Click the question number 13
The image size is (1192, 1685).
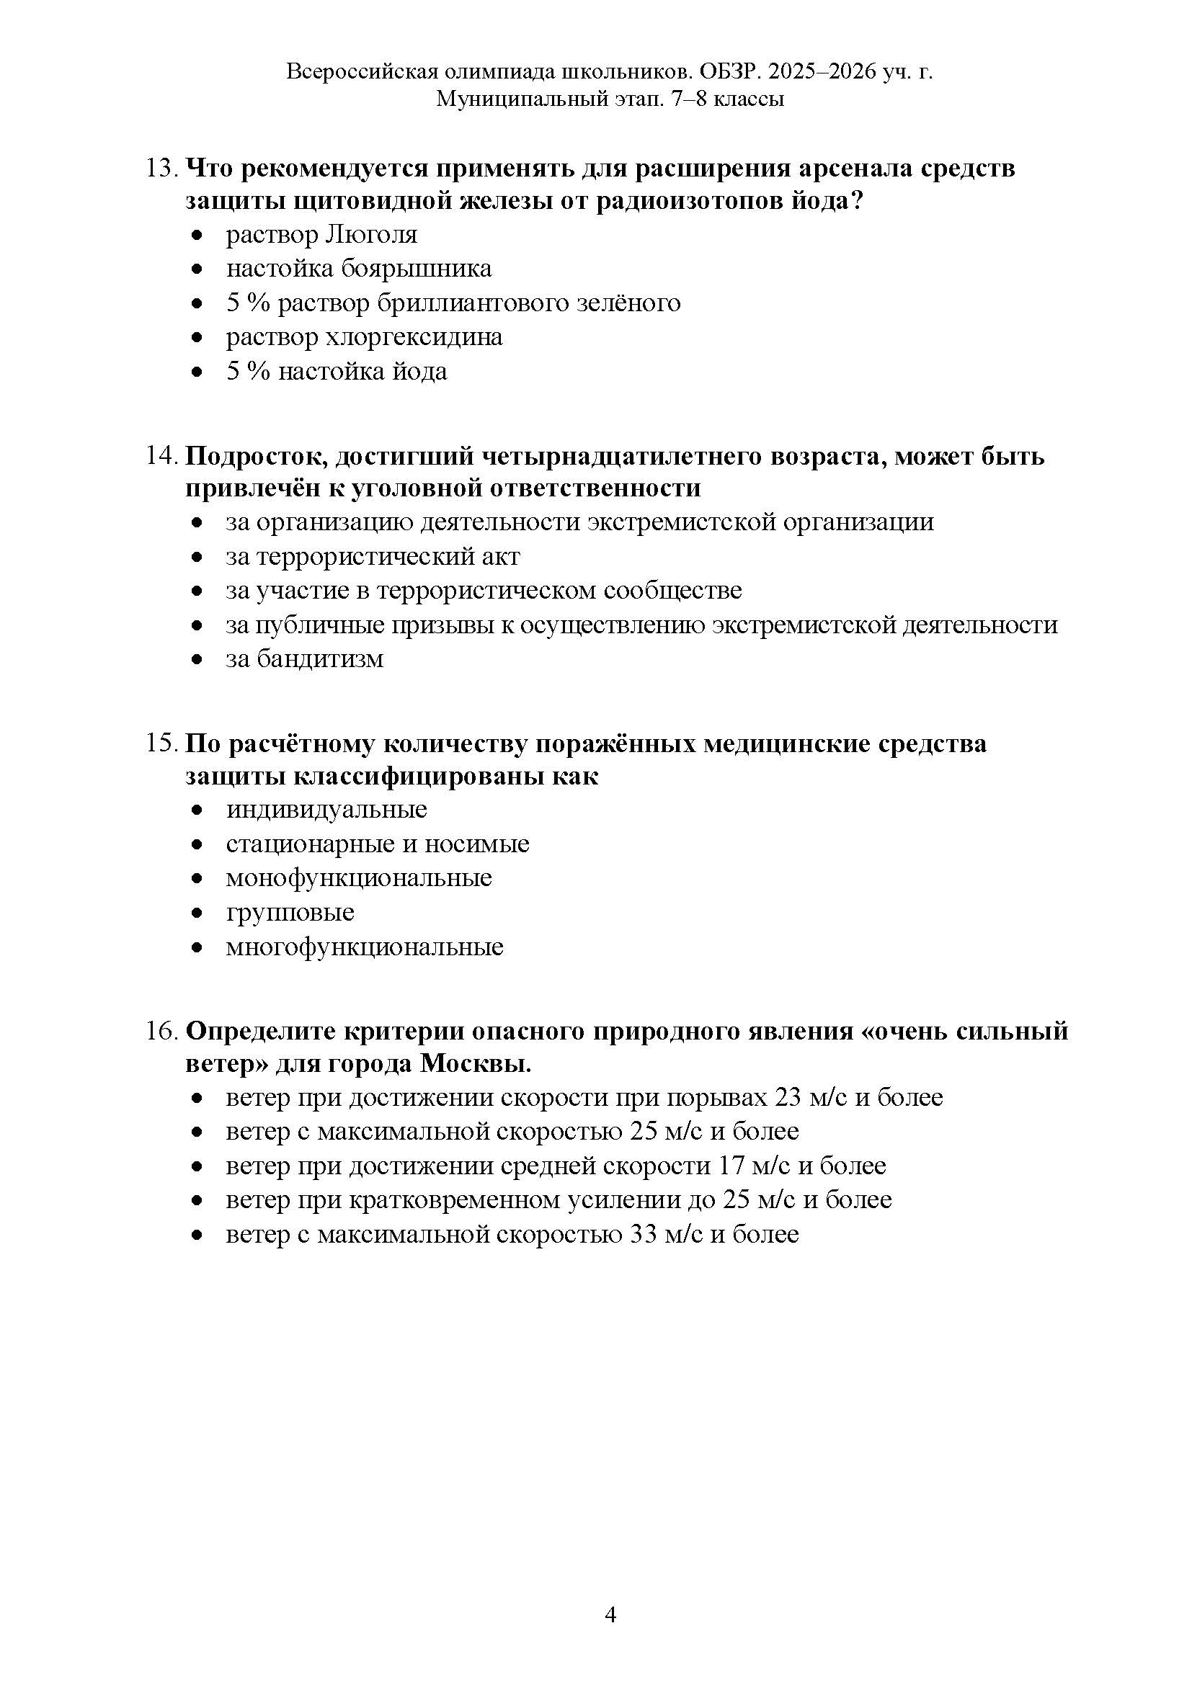click(x=161, y=169)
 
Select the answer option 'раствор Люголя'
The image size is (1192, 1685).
click(x=321, y=235)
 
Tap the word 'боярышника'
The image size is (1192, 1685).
click(x=416, y=269)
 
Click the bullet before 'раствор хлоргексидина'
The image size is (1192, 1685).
click(x=196, y=338)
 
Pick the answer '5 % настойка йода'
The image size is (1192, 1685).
click(x=336, y=371)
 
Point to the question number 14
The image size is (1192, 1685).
click(x=161, y=457)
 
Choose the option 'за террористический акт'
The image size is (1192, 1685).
click(x=373, y=556)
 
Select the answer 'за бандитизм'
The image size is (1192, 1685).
click(x=305, y=659)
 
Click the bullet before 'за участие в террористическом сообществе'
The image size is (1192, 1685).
click(x=196, y=591)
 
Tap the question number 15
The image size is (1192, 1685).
click(x=161, y=744)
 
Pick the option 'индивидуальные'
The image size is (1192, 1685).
click(x=326, y=810)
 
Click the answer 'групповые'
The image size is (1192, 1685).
click(x=290, y=912)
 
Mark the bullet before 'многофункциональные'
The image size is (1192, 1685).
click(x=196, y=947)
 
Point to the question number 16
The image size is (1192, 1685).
click(x=161, y=1032)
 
